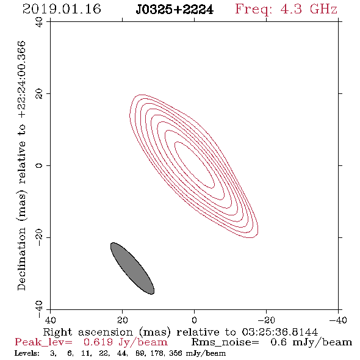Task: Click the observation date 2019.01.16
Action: (62, 9)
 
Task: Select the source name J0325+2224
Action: (175, 10)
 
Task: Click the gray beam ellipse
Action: (132, 268)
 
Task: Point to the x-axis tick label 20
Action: (122, 320)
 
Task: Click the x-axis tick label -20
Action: (266, 320)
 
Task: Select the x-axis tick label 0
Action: (194, 320)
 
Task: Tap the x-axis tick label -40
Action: (338, 320)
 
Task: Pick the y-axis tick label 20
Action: (39, 94)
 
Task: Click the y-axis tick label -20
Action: (39, 237)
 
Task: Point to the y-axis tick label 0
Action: (39, 165)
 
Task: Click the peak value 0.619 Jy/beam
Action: (125, 342)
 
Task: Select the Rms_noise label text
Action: (225, 342)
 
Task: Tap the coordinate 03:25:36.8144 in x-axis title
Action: (279, 332)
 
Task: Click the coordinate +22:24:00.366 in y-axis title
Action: (22, 80)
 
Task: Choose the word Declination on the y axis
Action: (21, 259)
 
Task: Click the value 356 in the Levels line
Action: (175, 353)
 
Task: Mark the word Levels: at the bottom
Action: (27, 353)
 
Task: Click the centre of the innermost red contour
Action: (195, 165)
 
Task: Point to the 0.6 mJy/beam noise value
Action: (311, 342)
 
